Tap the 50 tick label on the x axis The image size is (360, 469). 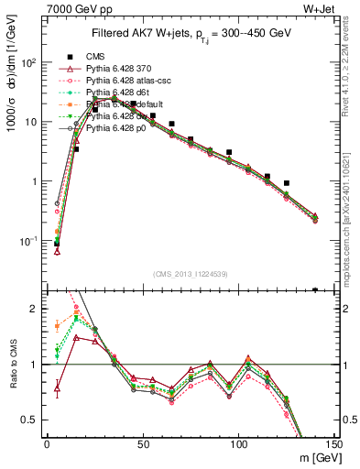tap(143, 444)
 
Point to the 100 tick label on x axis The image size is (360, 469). tap(238, 444)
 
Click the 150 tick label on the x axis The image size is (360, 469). tap(334, 444)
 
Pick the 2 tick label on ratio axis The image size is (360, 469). tap(34, 309)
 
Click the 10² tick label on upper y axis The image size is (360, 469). tap(27, 62)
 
